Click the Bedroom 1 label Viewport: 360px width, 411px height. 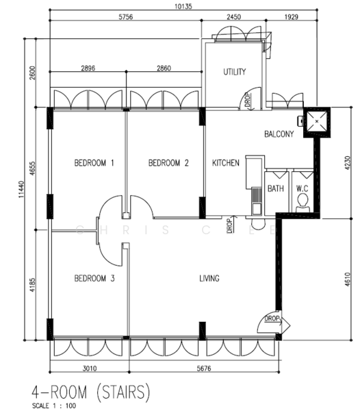point(94,163)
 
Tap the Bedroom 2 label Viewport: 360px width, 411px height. point(168,163)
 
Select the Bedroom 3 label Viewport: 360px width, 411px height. point(94,278)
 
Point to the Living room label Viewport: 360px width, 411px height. point(209,278)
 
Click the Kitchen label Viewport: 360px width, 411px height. point(225,163)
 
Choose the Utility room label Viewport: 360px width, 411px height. point(235,72)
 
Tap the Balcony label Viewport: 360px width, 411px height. point(279,134)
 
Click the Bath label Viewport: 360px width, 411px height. point(275,188)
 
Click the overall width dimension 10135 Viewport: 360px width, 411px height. point(183,6)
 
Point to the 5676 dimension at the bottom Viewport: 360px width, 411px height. point(204,369)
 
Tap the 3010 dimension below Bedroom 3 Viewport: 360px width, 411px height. point(90,369)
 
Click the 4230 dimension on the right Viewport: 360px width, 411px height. point(347,163)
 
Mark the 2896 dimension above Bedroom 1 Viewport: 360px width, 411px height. point(88,68)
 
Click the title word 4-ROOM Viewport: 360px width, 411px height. point(59,393)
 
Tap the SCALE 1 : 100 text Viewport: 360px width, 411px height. point(54,406)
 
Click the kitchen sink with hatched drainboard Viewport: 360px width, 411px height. point(257,200)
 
